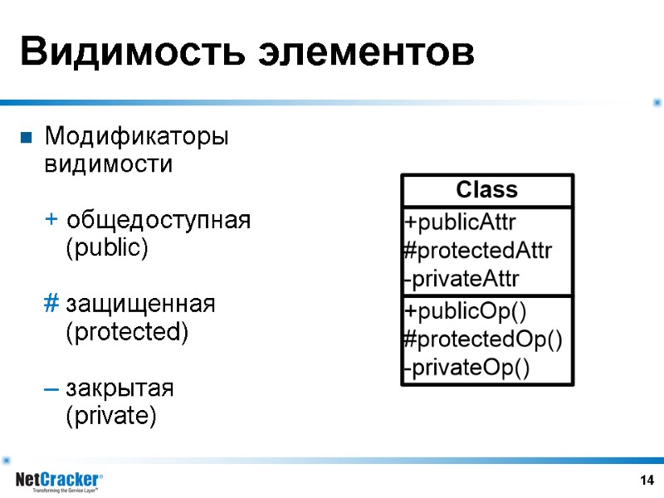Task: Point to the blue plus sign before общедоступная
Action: pos(51,220)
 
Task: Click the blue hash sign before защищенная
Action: pos(51,305)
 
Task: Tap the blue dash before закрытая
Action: pos(51,388)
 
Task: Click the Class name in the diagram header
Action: pos(487,190)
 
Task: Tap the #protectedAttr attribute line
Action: pos(477,251)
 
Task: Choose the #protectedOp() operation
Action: pos(482,339)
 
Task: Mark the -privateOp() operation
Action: pos(466,367)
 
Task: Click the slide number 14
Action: pos(647,481)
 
